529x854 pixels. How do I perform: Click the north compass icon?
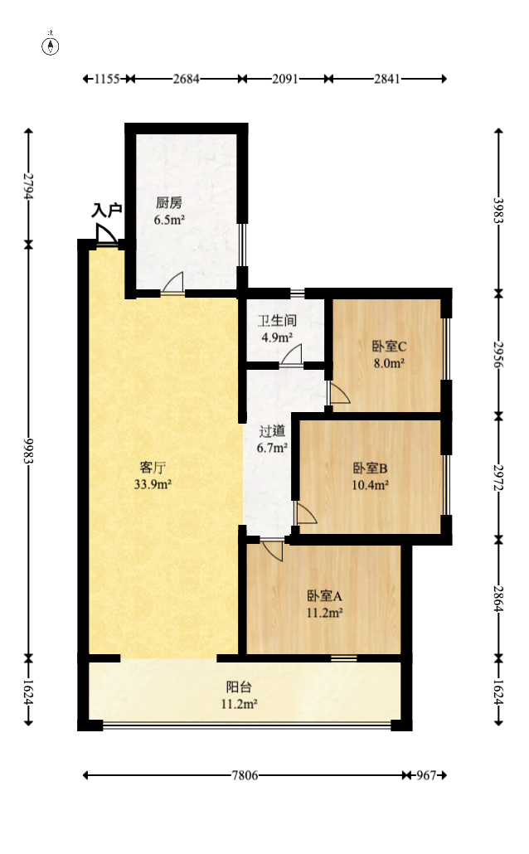[x=51, y=45]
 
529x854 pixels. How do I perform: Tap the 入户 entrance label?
[x=107, y=211]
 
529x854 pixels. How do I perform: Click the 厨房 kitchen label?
[x=168, y=203]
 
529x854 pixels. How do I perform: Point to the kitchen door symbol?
[x=173, y=284]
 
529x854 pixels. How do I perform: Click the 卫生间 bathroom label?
[x=277, y=321]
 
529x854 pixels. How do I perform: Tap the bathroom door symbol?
[x=291, y=357]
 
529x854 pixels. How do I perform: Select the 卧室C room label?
[x=387, y=347]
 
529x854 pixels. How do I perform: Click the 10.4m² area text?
[x=371, y=486]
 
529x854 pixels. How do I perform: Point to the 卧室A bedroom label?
[x=325, y=595]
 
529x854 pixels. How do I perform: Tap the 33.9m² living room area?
[x=153, y=485]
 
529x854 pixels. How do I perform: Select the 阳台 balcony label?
[x=239, y=687]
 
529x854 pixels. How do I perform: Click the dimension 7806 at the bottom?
[x=244, y=775]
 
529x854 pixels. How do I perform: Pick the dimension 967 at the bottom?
[x=425, y=775]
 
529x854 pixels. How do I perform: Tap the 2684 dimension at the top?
[x=186, y=79]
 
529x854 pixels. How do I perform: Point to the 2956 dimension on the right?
[x=498, y=353]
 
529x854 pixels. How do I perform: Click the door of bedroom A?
[x=271, y=548]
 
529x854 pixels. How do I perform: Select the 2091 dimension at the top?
[x=285, y=79]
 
